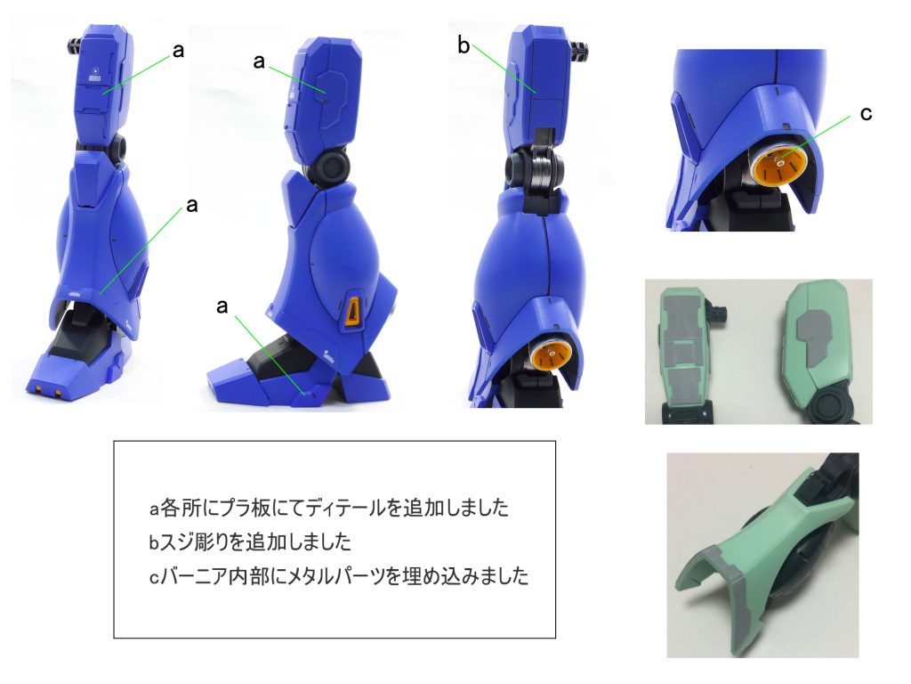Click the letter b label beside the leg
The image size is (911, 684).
[x=463, y=45]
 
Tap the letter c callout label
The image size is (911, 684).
[x=866, y=113]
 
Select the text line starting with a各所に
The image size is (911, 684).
[x=329, y=508]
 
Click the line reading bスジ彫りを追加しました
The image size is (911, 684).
[x=250, y=542]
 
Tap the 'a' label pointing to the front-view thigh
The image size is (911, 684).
[x=178, y=51]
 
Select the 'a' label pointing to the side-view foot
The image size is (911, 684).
[x=222, y=306]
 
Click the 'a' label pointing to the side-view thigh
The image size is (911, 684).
[x=259, y=61]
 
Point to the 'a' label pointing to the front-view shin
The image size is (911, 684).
[x=192, y=205]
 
